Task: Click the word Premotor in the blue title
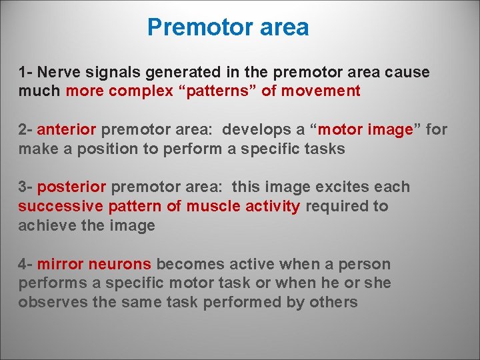pos(191,28)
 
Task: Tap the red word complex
pos(141,91)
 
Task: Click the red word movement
pos(321,91)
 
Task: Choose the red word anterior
pos(67,129)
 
